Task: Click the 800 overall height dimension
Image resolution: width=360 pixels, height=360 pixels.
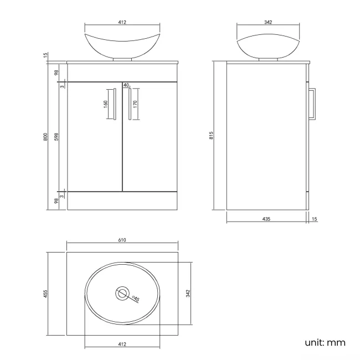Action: click(x=45, y=135)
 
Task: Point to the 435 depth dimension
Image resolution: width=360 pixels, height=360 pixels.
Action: click(x=266, y=219)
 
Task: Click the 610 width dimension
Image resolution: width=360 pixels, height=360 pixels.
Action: click(x=122, y=240)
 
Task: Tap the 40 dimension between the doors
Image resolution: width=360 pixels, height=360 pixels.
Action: click(x=126, y=85)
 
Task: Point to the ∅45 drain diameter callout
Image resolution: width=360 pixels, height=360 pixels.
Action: click(x=135, y=299)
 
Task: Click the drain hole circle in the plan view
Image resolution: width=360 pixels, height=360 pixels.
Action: click(x=122, y=293)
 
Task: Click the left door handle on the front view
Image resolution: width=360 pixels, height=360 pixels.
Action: click(x=115, y=104)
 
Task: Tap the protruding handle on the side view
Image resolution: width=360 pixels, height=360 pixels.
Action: click(x=313, y=104)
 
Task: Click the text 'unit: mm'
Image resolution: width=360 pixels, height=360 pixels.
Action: click(x=325, y=342)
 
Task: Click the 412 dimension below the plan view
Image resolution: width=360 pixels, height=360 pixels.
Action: click(x=122, y=344)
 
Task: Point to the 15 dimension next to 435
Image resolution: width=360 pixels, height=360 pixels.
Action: click(x=315, y=219)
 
